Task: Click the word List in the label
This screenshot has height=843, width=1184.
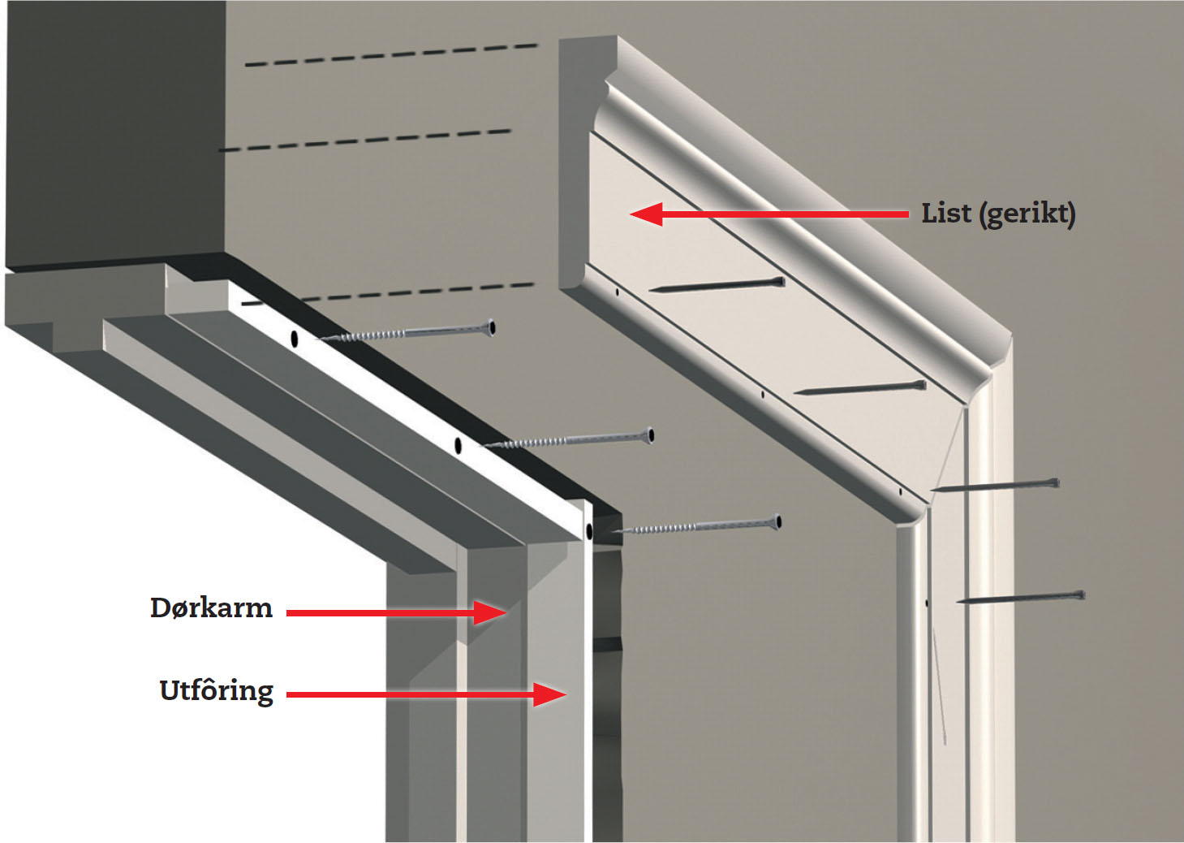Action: click(946, 214)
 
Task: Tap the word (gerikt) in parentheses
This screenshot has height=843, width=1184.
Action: click(1027, 214)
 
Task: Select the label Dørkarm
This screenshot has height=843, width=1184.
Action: click(211, 608)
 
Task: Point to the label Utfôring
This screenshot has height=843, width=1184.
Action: click(217, 691)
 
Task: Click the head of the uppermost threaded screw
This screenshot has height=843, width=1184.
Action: click(491, 328)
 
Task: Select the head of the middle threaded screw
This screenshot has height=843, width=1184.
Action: click(650, 436)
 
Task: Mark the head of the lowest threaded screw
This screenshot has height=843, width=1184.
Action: click(777, 521)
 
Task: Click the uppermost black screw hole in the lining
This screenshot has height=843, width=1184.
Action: click(295, 339)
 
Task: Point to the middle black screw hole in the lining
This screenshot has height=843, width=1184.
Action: click(458, 445)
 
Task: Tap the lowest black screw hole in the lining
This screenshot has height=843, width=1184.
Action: click(589, 533)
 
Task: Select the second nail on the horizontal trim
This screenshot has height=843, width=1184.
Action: click(860, 388)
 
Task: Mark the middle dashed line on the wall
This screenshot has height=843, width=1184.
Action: click(365, 140)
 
